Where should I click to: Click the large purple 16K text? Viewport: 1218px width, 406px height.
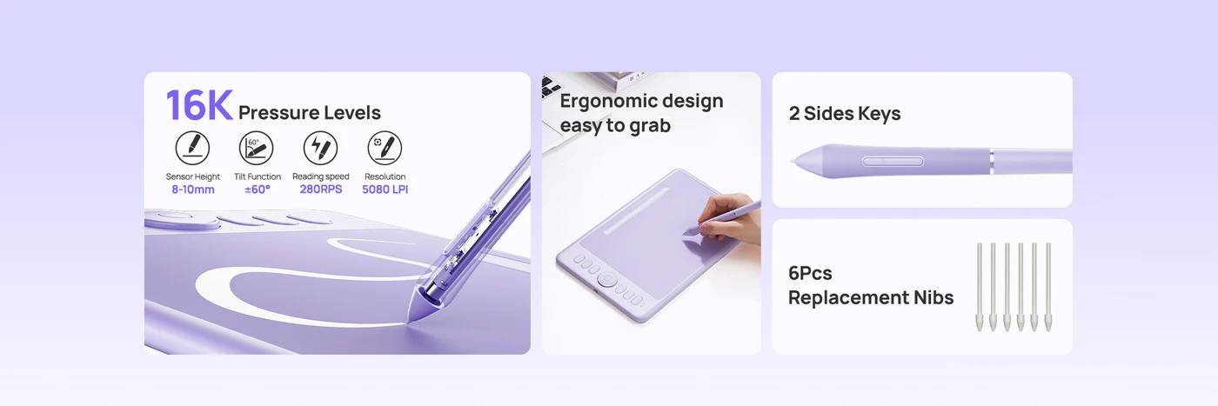pos(199,105)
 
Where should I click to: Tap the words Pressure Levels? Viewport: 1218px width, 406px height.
pos(310,112)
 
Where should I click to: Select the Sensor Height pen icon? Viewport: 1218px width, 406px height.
pos(192,147)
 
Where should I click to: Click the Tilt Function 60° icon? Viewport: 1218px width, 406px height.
pos(256,147)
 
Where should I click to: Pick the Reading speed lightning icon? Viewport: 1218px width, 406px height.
pos(320,147)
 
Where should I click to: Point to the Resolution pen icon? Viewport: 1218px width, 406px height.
pos(385,147)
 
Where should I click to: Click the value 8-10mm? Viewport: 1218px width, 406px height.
pos(193,190)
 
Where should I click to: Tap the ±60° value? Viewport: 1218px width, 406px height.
pos(258,190)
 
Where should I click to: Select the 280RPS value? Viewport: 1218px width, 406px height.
pos(321,190)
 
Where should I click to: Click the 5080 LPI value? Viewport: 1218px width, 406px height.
pos(385,190)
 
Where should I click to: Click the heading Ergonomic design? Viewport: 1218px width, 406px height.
pos(642,102)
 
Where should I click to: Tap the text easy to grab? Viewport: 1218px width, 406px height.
pos(615,125)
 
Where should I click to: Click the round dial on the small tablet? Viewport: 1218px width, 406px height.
pos(606,279)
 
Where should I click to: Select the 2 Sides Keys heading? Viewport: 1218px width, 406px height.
pos(845,114)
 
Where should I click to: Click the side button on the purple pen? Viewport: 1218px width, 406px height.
pos(893,161)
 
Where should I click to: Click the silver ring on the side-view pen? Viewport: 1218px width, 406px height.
pos(991,161)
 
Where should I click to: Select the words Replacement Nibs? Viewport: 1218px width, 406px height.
pos(871,298)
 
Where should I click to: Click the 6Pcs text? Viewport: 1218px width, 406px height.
pos(810,273)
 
